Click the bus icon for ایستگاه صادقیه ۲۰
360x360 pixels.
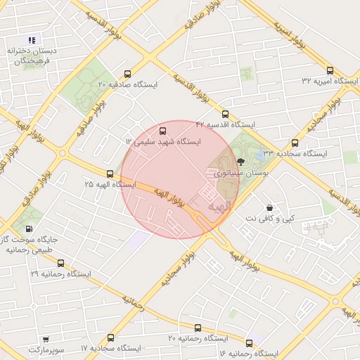click(127, 73)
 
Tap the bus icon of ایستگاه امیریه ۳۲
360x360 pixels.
click(330, 70)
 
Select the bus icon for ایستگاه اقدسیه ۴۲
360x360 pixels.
click(225, 113)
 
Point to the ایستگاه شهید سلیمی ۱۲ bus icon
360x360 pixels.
click(163, 131)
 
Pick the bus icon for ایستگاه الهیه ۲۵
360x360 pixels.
click(109, 173)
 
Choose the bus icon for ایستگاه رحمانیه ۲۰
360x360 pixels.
click(198, 328)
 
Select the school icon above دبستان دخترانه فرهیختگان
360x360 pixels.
click(32, 39)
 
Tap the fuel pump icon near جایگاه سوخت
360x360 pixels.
click(29, 228)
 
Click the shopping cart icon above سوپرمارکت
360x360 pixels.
click(46, 339)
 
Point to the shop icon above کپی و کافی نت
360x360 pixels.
click(270, 207)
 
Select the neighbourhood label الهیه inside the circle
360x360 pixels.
click(219, 207)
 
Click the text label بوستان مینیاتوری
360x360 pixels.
click(234, 172)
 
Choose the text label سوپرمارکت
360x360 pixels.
click(46, 349)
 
